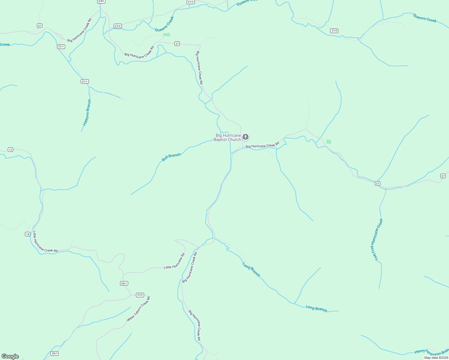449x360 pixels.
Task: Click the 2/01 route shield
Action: (101, 1)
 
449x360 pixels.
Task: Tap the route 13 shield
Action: (11, 149)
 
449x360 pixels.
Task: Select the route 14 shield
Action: (28, 234)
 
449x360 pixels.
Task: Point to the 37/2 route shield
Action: (140, 295)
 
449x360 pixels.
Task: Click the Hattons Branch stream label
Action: (87, 112)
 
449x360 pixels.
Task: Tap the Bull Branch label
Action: (171, 157)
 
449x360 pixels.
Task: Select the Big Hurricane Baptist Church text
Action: (227, 137)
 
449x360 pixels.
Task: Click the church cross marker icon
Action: (246, 137)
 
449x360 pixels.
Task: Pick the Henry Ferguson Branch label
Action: (432, 351)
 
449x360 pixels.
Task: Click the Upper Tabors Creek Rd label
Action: (138, 309)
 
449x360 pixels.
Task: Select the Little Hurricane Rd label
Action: (174, 261)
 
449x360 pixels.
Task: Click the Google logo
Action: (10, 356)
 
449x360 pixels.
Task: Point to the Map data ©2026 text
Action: (436, 358)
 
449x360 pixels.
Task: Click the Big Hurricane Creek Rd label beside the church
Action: (262, 145)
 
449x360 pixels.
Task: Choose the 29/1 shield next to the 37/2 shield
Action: (124, 283)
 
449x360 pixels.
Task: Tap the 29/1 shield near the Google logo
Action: (54, 353)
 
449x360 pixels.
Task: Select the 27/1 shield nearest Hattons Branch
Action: (85, 82)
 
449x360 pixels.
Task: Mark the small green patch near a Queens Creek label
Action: (167, 35)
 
